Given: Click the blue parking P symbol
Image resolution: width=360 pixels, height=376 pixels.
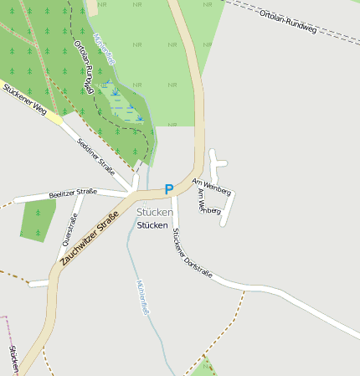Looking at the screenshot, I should coord(169,189).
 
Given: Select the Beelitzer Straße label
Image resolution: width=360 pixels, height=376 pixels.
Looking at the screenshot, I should coord(73,193).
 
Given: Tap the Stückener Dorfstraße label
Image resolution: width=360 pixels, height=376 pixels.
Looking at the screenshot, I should coord(192,255).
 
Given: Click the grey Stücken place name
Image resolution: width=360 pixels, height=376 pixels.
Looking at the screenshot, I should coord(154,213).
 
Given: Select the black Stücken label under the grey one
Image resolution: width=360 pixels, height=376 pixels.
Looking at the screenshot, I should coord(152,225).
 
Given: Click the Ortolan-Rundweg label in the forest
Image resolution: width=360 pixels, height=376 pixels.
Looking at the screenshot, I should coord(84,66).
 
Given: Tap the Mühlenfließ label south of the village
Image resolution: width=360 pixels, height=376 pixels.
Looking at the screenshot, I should coord(142,297).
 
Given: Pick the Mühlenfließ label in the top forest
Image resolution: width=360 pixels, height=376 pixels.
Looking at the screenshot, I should coord(105,48).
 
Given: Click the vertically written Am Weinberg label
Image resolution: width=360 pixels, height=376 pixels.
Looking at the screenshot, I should coord(200,200).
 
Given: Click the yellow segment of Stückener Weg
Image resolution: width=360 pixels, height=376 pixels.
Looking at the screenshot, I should coord(53,118).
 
